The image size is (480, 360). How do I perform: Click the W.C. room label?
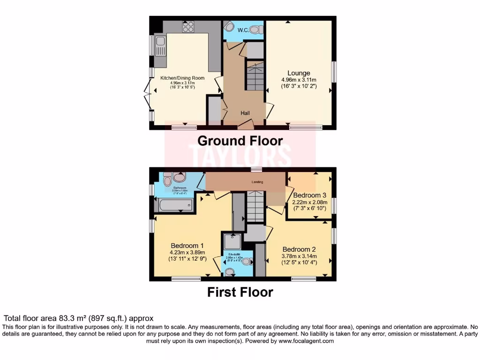243,30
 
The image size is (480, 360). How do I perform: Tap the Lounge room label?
299,73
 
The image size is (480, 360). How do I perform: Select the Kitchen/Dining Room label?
182,78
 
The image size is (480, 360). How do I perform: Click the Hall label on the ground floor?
245,113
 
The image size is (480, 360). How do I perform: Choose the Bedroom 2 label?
299,249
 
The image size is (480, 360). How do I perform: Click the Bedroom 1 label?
187,246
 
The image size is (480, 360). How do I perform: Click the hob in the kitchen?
188,27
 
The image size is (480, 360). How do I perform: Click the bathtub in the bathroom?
174,205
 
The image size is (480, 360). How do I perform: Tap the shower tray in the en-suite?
232,241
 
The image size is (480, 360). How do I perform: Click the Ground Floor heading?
240,141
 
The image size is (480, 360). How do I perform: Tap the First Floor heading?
240,292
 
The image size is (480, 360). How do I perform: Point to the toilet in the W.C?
254,30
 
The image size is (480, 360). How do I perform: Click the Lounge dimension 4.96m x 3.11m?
299,80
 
